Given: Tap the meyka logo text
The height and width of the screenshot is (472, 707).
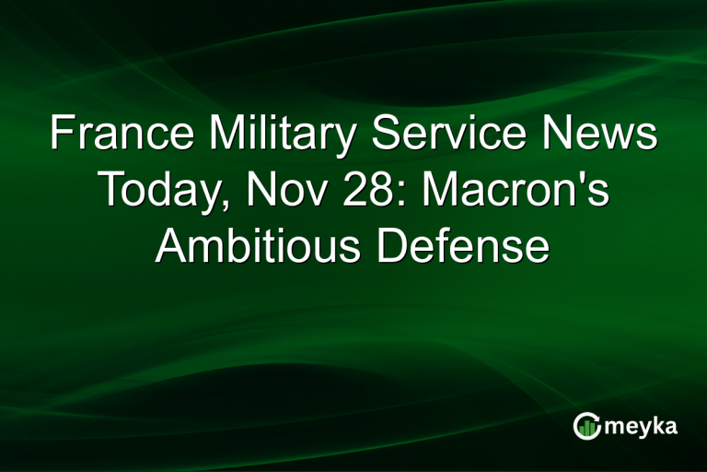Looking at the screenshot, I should pyautogui.click(x=643, y=427).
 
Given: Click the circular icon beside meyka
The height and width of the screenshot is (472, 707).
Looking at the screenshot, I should pyautogui.click(x=585, y=426).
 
